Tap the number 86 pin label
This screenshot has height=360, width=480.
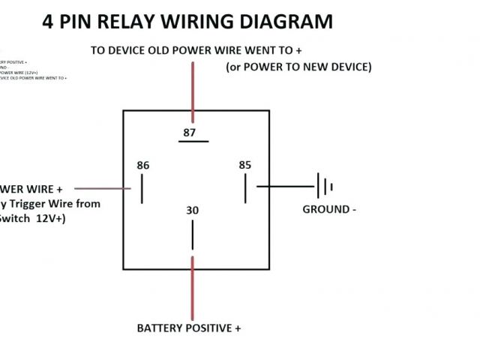(142, 165)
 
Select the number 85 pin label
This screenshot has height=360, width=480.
(244, 165)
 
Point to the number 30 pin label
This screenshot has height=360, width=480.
(193, 211)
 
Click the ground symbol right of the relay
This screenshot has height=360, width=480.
(325, 186)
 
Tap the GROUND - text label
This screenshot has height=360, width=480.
(328, 209)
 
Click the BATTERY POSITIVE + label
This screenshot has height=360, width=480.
(189, 328)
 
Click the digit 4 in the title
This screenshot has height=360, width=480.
(49, 22)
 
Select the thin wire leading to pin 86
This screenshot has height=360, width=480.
(105, 188)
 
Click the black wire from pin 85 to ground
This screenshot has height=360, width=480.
(286, 186)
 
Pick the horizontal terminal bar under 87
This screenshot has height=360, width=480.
(193, 141)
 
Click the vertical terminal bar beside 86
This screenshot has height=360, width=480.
(141, 187)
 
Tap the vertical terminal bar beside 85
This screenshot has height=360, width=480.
(244, 187)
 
